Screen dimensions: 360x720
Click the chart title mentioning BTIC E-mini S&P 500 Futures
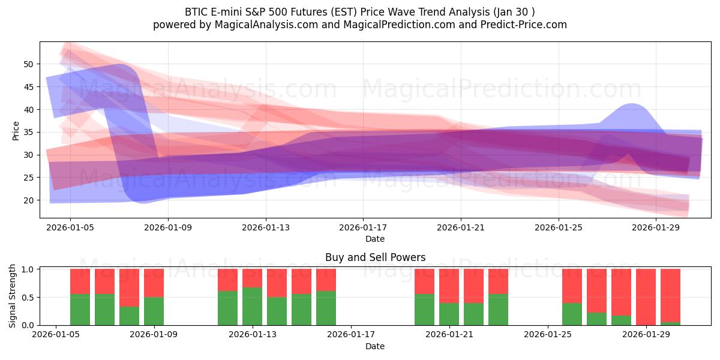pos(359,11)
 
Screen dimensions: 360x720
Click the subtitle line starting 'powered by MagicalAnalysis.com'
pos(359,25)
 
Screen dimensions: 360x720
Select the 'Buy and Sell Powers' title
pos(375,257)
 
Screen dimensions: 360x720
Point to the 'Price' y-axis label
pos(16,131)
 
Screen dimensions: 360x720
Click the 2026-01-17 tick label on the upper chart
pos(363,227)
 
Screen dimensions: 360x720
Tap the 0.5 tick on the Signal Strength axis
pos(28,298)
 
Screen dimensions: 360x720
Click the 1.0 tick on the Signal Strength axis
pos(28,269)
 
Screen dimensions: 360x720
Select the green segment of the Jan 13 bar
pos(252,306)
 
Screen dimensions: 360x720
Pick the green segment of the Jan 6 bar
pos(80,310)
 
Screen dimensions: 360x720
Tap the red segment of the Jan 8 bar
pos(129,287)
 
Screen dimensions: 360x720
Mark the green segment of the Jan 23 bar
pos(498,310)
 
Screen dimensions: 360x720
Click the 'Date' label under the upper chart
pos(375,239)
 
